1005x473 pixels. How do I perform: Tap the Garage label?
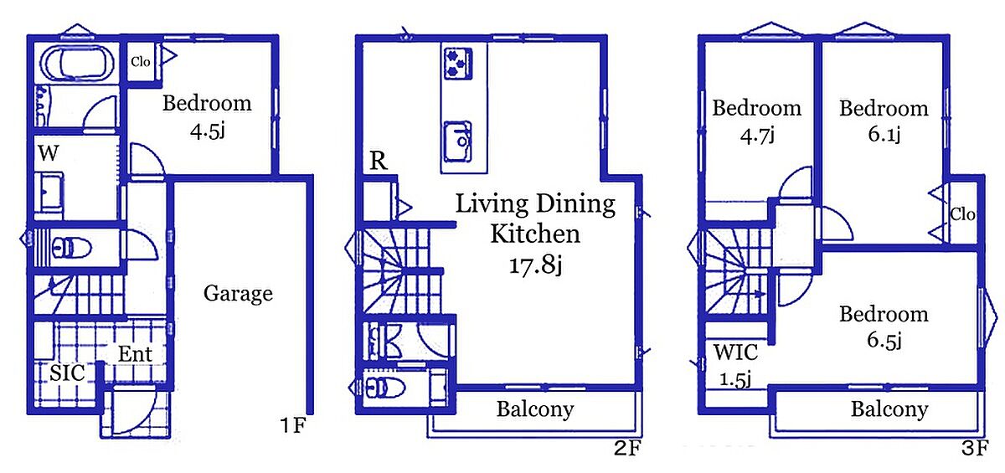point(238,294)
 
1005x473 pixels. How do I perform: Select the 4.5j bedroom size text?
point(208,131)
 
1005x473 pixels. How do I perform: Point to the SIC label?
point(67,373)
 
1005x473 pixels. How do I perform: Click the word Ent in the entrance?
point(135,354)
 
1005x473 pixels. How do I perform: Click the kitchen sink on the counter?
point(458,141)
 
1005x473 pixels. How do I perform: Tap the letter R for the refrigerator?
point(379,161)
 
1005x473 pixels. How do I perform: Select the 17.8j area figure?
point(535,265)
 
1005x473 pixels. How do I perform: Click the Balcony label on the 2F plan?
point(535,409)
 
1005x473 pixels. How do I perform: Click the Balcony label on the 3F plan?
point(889,409)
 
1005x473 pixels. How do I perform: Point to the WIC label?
point(736,352)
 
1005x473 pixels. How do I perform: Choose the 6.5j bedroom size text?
point(884,340)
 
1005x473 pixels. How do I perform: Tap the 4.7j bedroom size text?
point(757,135)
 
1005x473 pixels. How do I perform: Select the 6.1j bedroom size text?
point(884,134)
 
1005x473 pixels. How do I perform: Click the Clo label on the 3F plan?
point(963,214)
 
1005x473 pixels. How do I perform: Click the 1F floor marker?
point(293,425)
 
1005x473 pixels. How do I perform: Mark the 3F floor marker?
point(975,448)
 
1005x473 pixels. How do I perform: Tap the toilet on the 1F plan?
point(71,248)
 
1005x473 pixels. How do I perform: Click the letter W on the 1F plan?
point(48,153)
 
